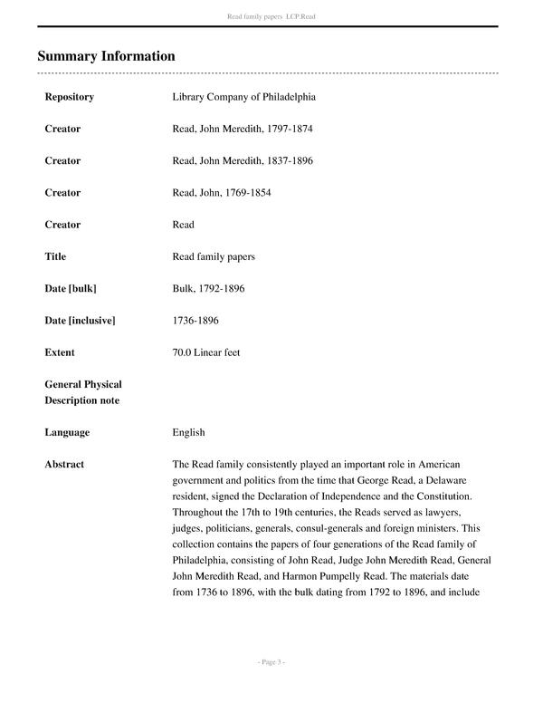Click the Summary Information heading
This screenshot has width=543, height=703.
coord(106,56)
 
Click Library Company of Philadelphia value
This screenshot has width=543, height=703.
coord(243,97)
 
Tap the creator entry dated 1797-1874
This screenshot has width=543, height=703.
coord(242,129)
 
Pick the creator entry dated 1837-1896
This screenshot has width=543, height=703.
coord(242,160)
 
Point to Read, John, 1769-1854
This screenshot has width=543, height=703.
coord(221,192)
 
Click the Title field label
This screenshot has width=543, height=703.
coord(55,256)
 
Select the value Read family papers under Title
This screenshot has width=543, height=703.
coord(214,256)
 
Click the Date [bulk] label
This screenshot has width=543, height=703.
coord(71,288)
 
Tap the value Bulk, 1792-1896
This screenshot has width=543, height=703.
coord(208,288)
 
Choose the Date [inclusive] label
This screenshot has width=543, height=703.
coord(80,320)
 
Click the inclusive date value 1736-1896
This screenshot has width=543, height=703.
coord(195,320)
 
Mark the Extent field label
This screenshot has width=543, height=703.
coord(60,351)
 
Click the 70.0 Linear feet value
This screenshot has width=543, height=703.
coord(206,351)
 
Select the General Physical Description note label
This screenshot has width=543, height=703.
coord(83,392)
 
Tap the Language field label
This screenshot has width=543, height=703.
coord(67,432)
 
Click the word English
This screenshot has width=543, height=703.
coord(188,432)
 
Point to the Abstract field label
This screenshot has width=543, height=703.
coord(64,464)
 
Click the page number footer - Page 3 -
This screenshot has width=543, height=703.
coord(271,662)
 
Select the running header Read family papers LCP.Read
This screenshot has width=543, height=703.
coord(271,16)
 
